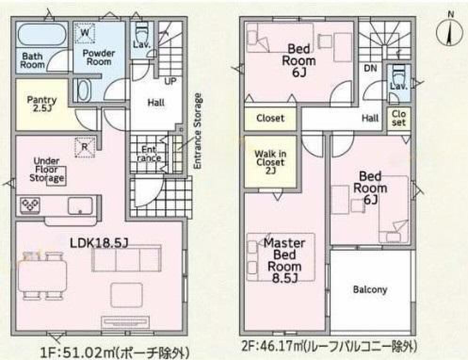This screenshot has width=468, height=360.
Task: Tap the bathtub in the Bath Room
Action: tap(42, 35)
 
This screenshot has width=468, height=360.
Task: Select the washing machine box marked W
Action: tap(84, 32)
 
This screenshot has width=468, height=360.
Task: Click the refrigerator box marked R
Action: tap(85, 147)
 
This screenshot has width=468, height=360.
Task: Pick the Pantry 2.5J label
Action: tap(42, 104)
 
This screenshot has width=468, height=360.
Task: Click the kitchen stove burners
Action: tap(30, 205)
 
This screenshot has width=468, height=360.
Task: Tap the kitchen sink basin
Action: tap(80, 205)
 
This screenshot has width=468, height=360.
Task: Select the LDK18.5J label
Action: tap(99, 243)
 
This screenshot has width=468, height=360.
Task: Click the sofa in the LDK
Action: tap(127, 258)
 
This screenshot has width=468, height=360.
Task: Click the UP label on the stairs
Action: tap(170, 81)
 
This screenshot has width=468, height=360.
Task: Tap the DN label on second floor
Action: tap(371, 68)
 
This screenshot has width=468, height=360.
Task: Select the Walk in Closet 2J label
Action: tap(270, 162)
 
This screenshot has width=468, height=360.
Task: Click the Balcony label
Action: tap(370, 289)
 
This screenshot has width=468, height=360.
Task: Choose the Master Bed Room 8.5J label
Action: tap(284, 261)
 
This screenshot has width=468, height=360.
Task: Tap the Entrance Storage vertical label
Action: tap(198, 131)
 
